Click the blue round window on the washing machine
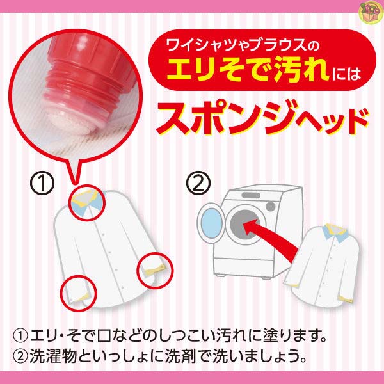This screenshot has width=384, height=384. [210, 222]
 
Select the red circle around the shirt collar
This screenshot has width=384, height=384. [86, 203]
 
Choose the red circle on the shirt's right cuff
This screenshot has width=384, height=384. [153, 268]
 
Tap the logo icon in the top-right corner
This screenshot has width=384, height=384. [372, 12]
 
